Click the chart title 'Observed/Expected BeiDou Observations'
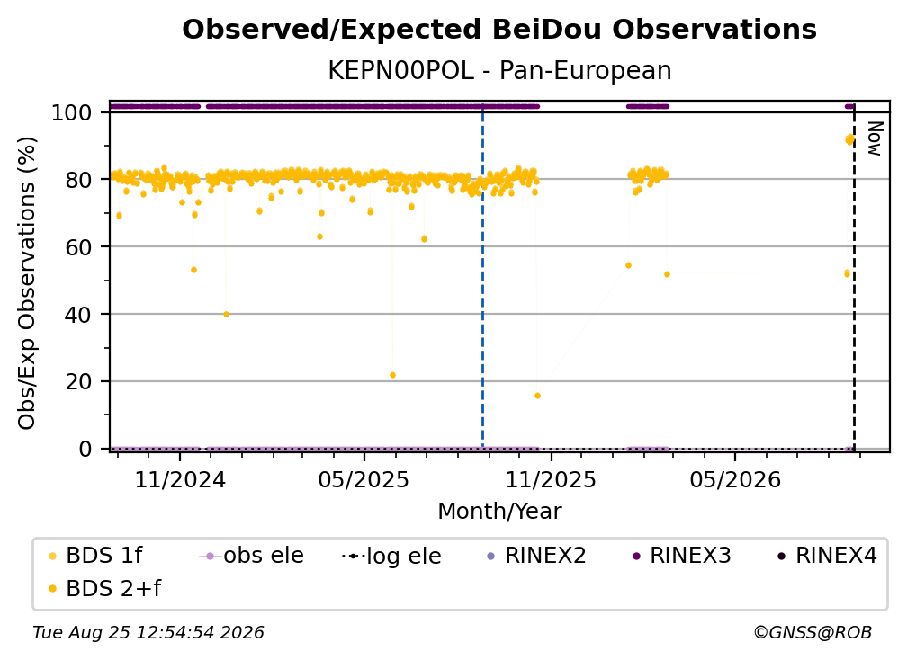pos(499,30)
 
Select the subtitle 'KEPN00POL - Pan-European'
pos(499,71)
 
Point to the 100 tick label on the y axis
pos(72,112)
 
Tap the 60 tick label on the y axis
pos(78,246)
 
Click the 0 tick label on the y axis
pos(85,449)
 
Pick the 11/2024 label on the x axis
pos(180,480)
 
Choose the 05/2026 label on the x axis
pos(735,480)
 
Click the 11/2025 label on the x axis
pos(551,480)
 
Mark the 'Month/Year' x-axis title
pos(499,512)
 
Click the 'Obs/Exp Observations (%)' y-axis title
pos(27,283)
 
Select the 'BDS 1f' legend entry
pos(95,556)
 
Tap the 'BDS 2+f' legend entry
pos(104,589)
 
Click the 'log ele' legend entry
pos(391,557)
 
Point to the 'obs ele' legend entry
pos(252,556)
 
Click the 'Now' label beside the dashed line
pos(875,138)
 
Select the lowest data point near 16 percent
pos(537,396)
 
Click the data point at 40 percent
pos(226,315)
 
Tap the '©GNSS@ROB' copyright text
pos(813,633)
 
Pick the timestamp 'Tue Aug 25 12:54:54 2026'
pos(148,633)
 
